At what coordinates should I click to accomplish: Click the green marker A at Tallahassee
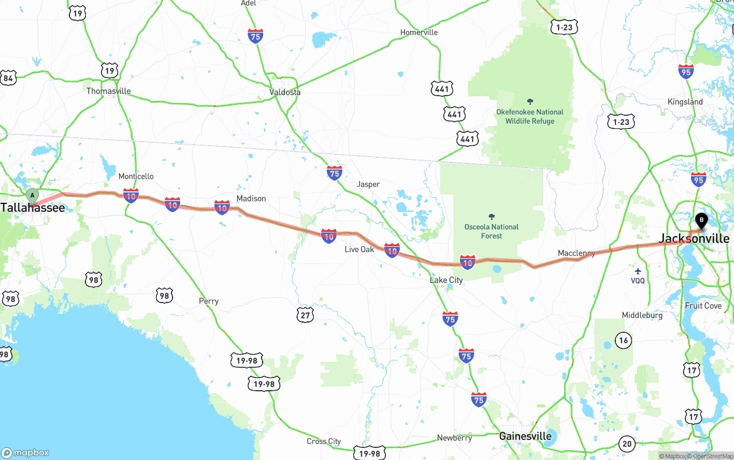tap(33, 195)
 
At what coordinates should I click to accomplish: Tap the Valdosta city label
tap(285, 92)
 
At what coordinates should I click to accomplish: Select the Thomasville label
tap(108, 91)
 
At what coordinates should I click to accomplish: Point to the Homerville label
tap(419, 32)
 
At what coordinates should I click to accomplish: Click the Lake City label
tap(446, 280)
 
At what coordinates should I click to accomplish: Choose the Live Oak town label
tap(359, 249)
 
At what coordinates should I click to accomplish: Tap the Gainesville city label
tap(525, 436)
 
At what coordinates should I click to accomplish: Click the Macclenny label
tap(576, 253)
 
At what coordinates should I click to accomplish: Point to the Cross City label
tap(323, 441)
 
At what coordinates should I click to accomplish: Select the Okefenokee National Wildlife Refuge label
tap(530, 116)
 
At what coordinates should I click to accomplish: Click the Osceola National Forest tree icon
tap(491, 217)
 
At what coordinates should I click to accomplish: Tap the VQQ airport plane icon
tap(638, 271)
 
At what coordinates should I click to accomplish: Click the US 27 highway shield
tap(306, 314)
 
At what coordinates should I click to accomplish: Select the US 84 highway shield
tap(8, 78)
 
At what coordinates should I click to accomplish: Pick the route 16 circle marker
tap(623, 340)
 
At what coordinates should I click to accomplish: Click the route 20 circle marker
tap(627, 443)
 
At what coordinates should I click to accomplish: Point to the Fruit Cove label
tap(703, 305)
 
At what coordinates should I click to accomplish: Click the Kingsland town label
tap(685, 101)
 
